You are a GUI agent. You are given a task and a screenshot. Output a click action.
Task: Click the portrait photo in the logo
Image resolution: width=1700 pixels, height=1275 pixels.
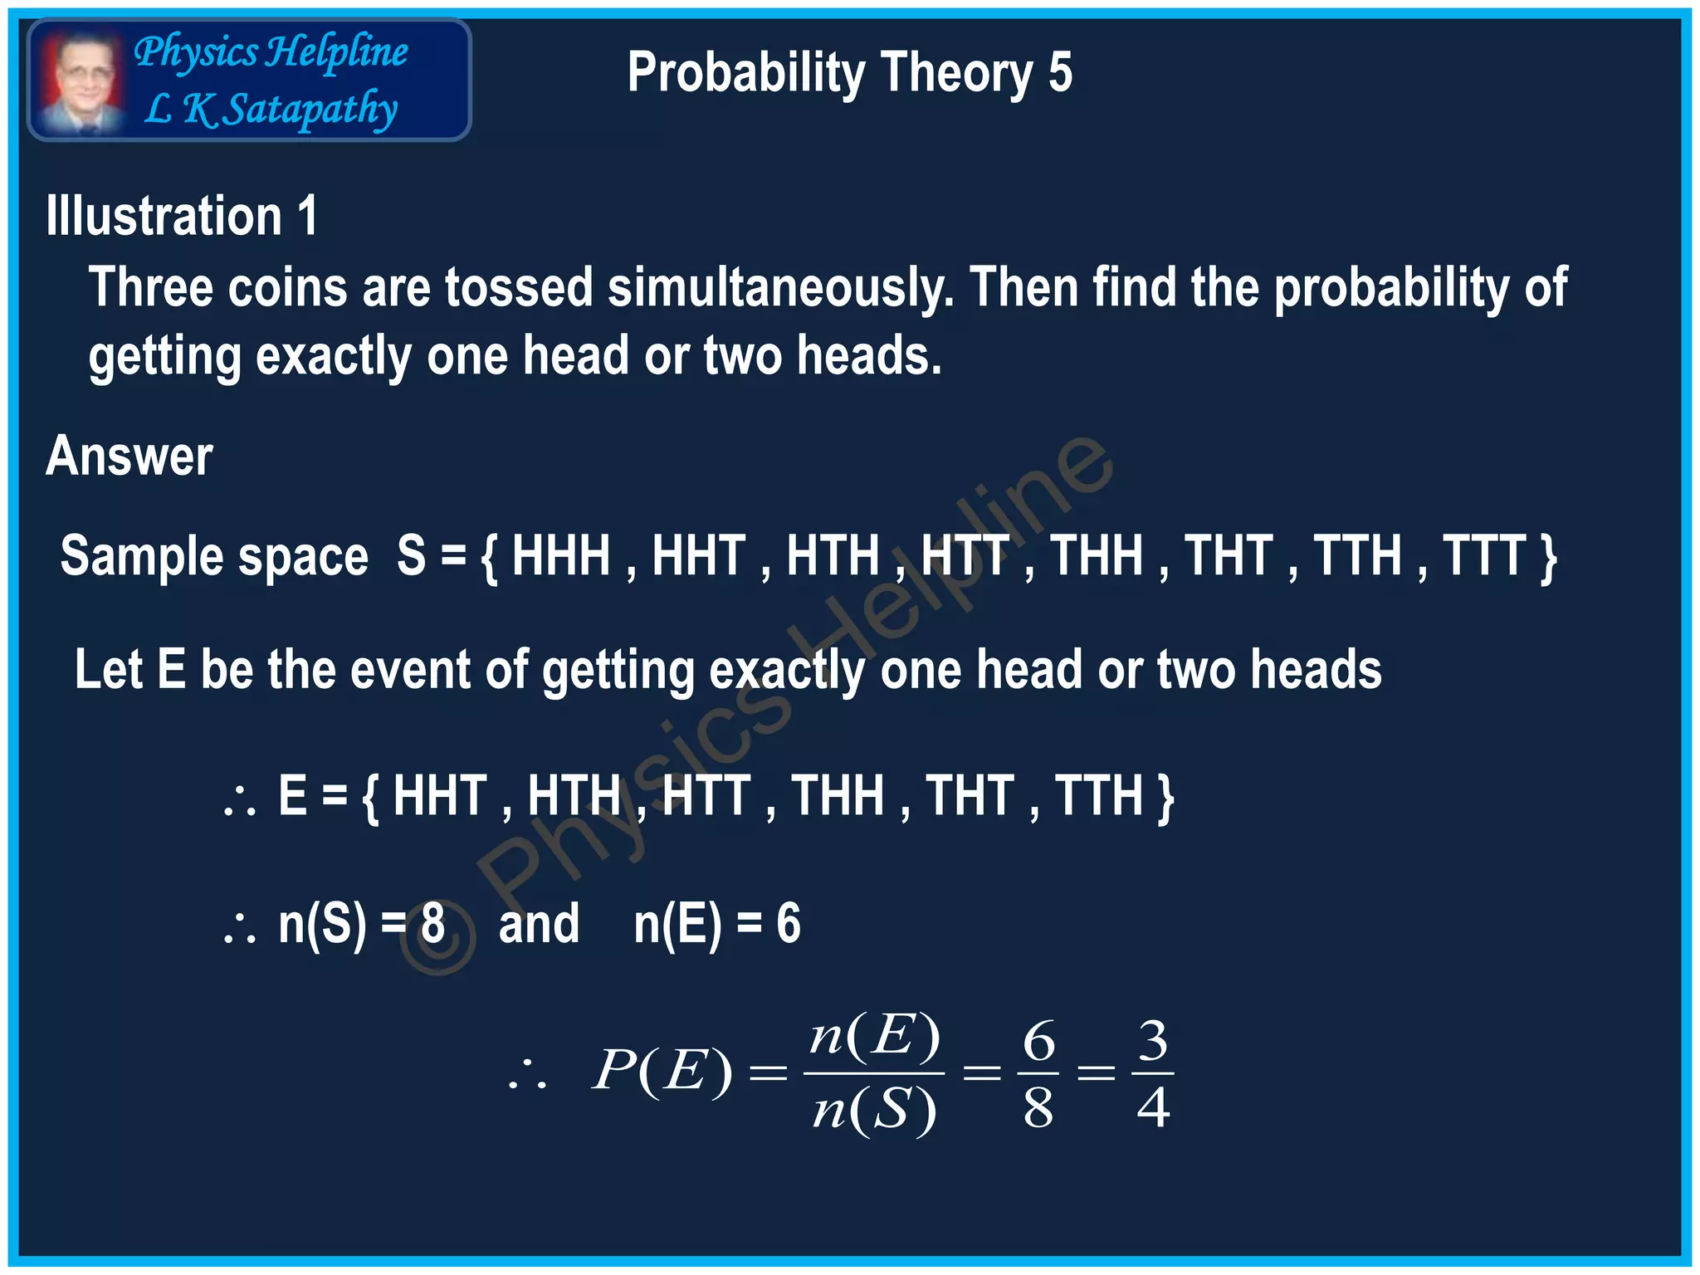pyautogui.click(x=81, y=81)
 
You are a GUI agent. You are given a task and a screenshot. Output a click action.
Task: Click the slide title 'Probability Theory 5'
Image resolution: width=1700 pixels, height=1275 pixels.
pyautogui.click(x=849, y=73)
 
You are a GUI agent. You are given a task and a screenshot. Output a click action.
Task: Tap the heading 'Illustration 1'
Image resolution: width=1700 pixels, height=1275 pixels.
pyautogui.click(x=182, y=217)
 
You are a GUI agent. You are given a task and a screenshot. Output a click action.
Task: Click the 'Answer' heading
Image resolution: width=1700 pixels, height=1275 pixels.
pyautogui.click(x=129, y=457)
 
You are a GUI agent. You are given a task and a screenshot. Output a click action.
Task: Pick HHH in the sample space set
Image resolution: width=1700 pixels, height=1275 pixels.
pyautogui.click(x=561, y=555)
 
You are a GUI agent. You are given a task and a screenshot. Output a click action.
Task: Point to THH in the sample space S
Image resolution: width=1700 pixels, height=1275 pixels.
pyautogui.click(x=1097, y=555)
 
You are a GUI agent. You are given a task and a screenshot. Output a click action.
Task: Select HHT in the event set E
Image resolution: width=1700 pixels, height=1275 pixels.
pyautogui.click(x=440, y=795)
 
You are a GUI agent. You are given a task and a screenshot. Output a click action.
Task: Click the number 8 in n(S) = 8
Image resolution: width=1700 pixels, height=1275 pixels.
pyautogui.click(x=432, y=923)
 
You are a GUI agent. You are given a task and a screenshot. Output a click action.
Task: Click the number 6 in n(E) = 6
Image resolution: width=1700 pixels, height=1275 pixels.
pyautogui.click(x=789, y=923)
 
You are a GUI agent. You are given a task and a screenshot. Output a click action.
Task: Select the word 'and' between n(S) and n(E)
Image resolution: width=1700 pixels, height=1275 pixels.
pyautogui.click(x=539, y=923)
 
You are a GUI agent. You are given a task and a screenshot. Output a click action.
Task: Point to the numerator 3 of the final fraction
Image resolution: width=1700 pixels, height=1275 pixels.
pyautogui.click(x=1153, y=1040)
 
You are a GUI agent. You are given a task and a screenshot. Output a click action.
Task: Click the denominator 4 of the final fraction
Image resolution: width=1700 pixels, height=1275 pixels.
pyautogui.click(x=1153, y=1107)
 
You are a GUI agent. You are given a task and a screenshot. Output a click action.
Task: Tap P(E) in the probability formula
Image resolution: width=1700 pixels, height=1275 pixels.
pyautogui.click(x=662, y=1071)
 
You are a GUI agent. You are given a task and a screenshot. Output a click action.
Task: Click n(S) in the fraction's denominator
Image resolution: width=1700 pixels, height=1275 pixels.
pyautogui.click(x=874, y=1111)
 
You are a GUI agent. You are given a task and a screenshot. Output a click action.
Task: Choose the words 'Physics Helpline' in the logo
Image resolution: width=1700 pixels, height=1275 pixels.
pyautogui.click(x=271, y=52)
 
